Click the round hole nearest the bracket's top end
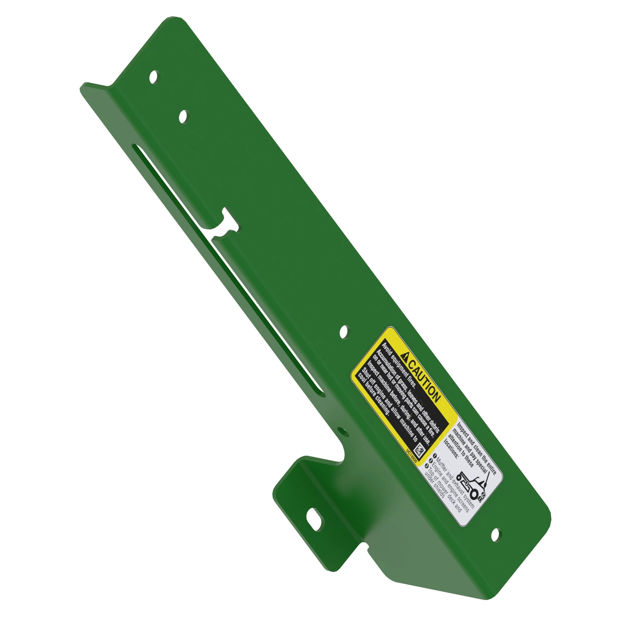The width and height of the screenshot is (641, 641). pos(154,77)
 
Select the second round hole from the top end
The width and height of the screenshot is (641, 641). pos(183,116)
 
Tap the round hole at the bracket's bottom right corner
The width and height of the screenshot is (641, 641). pos(496,535)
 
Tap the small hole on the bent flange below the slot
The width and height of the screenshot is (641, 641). pos(343,432)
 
